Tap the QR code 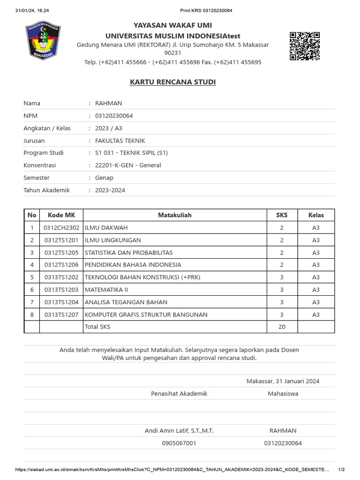(x=304, y=46)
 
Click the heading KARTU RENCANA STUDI (x=172, y=82)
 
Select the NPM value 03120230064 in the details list (x=114, y=116)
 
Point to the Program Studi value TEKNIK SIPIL (x=131, y=153)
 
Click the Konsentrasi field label (x=39, y=165)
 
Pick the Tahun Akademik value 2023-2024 (x=110, y=190)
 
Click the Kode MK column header (x=61, y=215)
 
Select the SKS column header (x=282, y=215)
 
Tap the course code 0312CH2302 (x=61, y=228)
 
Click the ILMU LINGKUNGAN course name (x=113, y=240)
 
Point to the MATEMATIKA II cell (x=106, y=290)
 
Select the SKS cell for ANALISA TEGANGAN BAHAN (x=282, y=302)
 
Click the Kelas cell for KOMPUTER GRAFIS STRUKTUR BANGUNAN (x=315, y=315)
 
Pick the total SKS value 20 (x=282, y=327)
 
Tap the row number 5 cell (x=32, y=277)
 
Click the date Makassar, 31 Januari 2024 (x=283, y=381)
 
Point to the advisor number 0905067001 (x=179, y=443)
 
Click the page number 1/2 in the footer (x=342, y=470)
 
